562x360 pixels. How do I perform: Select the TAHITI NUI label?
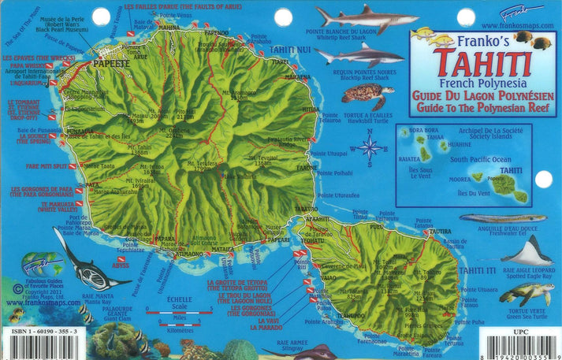289,50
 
